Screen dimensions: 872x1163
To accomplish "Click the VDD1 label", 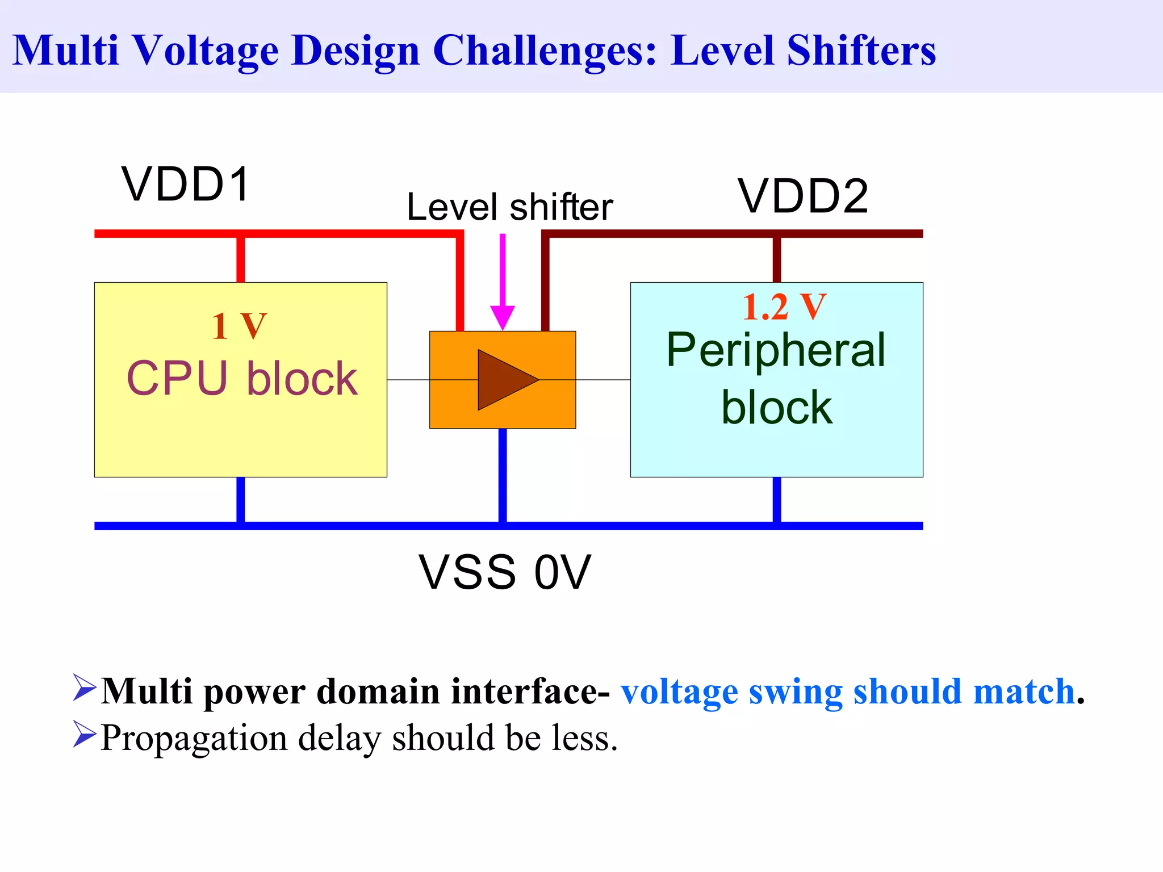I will [186, 185].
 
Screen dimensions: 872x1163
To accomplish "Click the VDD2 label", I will [804, 196].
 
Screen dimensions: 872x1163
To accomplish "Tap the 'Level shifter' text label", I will [509, 207].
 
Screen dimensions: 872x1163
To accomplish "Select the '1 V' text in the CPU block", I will [239, 326].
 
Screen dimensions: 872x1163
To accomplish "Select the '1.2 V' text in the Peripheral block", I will [784, 307].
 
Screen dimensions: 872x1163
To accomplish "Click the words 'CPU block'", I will [242, 379].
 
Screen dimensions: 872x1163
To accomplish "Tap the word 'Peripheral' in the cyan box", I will [776, 350].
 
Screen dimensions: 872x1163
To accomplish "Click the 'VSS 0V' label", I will [505, 572].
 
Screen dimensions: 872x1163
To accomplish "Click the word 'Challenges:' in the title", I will [545, 51].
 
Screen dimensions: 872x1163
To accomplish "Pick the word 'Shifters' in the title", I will [861, 51].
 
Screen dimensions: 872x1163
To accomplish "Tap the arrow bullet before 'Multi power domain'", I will [85, 687].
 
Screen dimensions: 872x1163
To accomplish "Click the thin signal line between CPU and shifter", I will [408, 379].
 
